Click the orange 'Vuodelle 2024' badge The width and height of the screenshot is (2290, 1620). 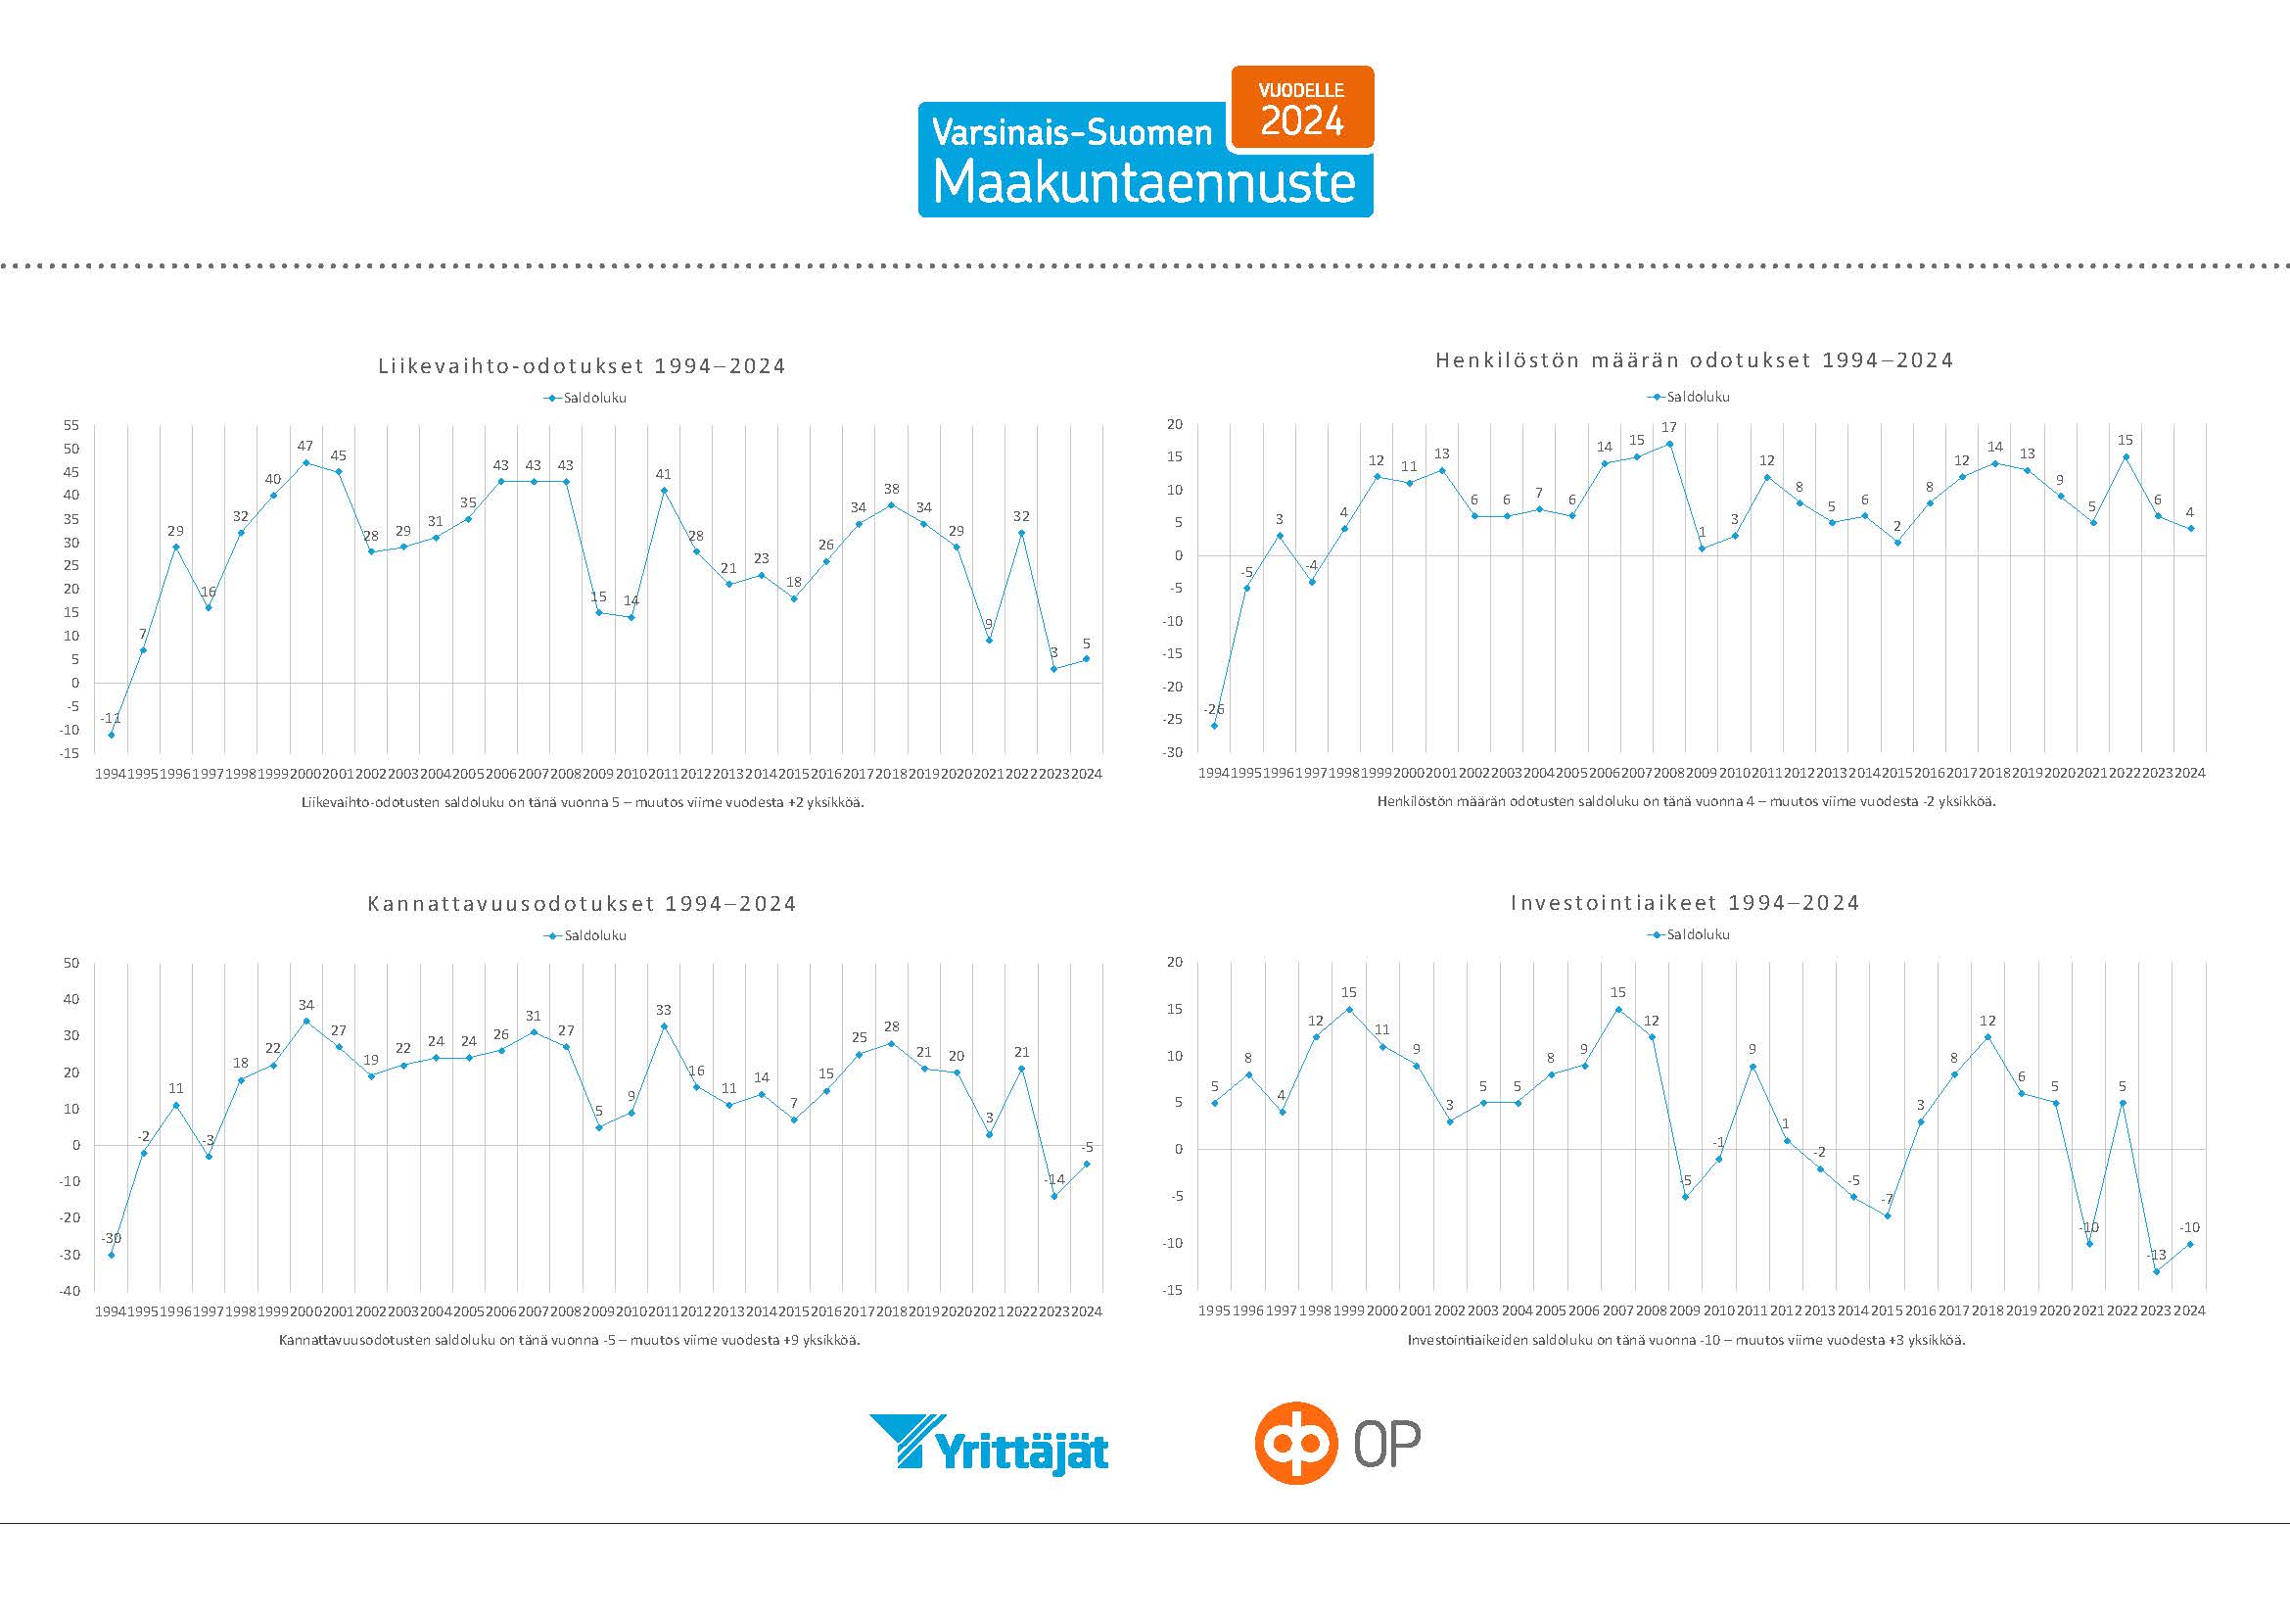[x=1302, y=108]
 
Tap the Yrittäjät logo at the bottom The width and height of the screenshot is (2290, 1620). [x=989, y=1444]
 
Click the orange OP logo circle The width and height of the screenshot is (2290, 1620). [x=1295, y=1443]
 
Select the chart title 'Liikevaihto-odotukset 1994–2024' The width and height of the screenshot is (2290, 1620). [x=582, y=366]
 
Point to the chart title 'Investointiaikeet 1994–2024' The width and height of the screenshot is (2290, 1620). [x=1685, y=903]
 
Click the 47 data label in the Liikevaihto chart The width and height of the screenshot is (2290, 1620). [x=305, y=446]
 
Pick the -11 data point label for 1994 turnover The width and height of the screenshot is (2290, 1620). [x=111, y=718]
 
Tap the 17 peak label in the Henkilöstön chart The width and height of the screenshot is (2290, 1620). [x=1668, y=427]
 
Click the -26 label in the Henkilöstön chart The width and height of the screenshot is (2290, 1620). [x=1213, y=709]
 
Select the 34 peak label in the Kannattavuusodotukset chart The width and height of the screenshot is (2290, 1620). [x=306, y=1005]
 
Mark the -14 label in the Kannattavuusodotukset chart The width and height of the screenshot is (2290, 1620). [x=1054, y=1179]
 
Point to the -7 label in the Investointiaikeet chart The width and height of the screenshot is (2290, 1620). [x=1886, y=1199]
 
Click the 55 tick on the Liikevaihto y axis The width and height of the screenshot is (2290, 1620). [x=70, y=425]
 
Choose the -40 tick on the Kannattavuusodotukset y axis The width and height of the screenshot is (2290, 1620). [x=69, y=1291]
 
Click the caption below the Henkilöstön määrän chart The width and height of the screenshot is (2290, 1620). [x=1686, y=801]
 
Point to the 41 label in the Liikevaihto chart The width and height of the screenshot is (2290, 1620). [x=663, y=474]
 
